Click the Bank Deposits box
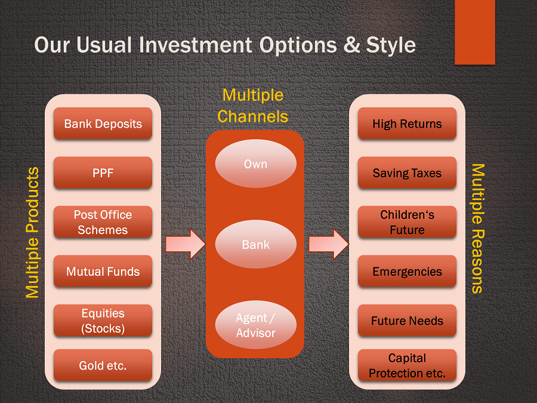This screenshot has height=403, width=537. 103,124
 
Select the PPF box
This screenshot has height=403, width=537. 103,173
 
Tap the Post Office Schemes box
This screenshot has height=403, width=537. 103,222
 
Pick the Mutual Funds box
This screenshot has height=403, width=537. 103,271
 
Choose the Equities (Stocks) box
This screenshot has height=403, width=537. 103,321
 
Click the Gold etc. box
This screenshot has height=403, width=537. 103,365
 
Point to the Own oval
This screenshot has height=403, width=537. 256,164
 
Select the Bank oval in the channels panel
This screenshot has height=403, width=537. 256,244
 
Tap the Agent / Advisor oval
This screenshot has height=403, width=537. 256,325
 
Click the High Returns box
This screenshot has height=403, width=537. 407,124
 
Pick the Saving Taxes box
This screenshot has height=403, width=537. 407,173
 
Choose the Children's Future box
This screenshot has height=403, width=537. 407,222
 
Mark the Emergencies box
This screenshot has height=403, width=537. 407,271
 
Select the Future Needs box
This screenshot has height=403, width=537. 407,321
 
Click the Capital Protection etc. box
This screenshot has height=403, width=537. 407,365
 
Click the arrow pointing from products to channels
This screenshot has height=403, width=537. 186,244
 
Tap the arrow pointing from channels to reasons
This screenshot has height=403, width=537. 329,244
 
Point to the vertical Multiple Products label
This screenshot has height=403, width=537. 33,233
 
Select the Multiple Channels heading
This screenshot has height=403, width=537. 253,106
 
